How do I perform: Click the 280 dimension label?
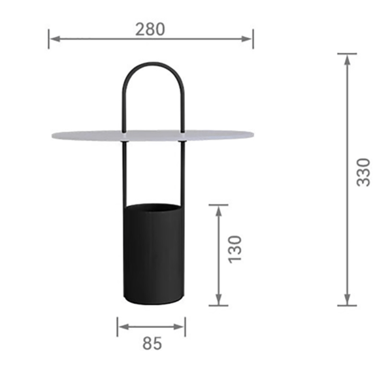click(x=150, y=29)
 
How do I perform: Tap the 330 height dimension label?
click(x=363, y=172)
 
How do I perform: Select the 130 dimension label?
click(x=235, y=249)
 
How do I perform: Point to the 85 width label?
click(x=152, y=343)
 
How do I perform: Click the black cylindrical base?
click(x=154, y=254)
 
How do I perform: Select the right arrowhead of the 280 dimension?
click(x=246, y=39)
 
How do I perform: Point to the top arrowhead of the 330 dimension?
click(x=347, y=59)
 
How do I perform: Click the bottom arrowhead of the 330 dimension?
click(x=347, y=299)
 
